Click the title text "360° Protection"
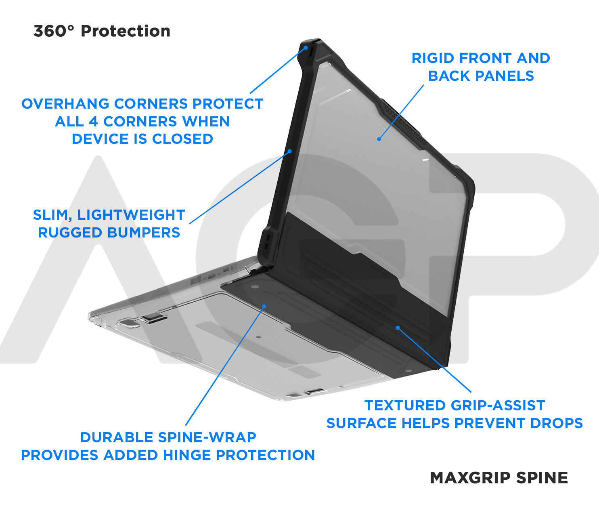click(x=102, y=31)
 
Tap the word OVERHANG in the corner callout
click(x=65, y=104)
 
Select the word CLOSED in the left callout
click(x=182, y=139)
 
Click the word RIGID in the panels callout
click(x=433, y=58)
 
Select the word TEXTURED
click(x=405, y=406)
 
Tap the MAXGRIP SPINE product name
click(x=499, y=478)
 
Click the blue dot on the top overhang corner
click(x=306, y=47)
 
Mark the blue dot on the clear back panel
click(x=379, y=139)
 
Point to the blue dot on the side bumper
click(x=290, y=151)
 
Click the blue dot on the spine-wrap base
click(x=264, y=306)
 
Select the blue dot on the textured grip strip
click(x=398, y=328)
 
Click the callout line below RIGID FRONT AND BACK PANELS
click(x=402, y=111)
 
